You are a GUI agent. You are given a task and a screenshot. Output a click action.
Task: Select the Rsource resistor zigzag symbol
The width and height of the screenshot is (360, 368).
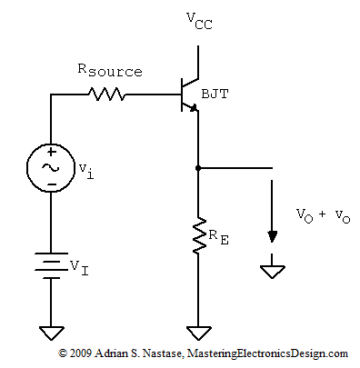(107, 93)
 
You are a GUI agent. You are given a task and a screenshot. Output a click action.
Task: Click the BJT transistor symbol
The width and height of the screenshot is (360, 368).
(189, 92)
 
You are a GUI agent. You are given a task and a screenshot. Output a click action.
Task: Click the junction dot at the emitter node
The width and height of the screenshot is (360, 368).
(198, 168)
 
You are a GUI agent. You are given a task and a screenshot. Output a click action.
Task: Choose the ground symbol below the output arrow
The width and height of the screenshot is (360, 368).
(271, 271)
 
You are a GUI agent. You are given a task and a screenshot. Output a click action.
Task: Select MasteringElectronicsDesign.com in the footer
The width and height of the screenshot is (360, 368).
(274, 353)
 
